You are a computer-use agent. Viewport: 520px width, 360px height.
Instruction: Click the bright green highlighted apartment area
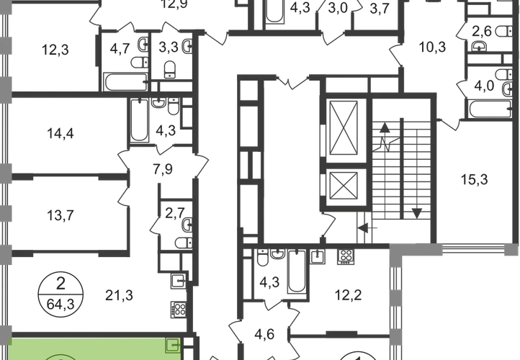[86, 348]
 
